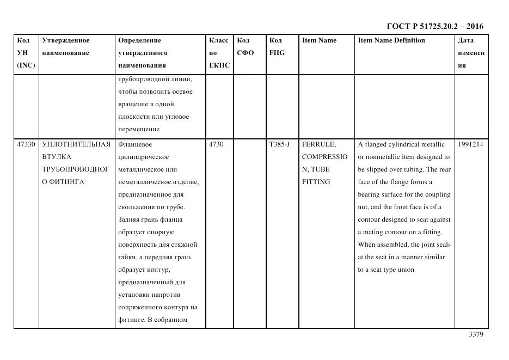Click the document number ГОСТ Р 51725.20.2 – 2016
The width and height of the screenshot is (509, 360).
434,26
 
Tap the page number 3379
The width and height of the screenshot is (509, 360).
476,334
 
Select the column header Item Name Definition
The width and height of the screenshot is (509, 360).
391,40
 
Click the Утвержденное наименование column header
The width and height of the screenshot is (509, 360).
66,46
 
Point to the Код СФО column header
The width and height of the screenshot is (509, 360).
246,46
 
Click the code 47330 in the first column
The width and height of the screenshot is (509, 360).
26,144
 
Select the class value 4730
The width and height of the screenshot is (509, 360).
216,144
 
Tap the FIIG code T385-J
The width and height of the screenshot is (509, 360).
280,144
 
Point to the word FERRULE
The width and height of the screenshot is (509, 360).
319,144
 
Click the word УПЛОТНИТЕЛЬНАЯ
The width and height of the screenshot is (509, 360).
76,144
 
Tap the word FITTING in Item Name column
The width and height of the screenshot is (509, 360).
316,182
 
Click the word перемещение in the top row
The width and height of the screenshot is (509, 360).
139,129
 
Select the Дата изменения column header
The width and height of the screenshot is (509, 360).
471,53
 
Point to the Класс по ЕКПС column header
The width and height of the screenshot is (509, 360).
219,53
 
